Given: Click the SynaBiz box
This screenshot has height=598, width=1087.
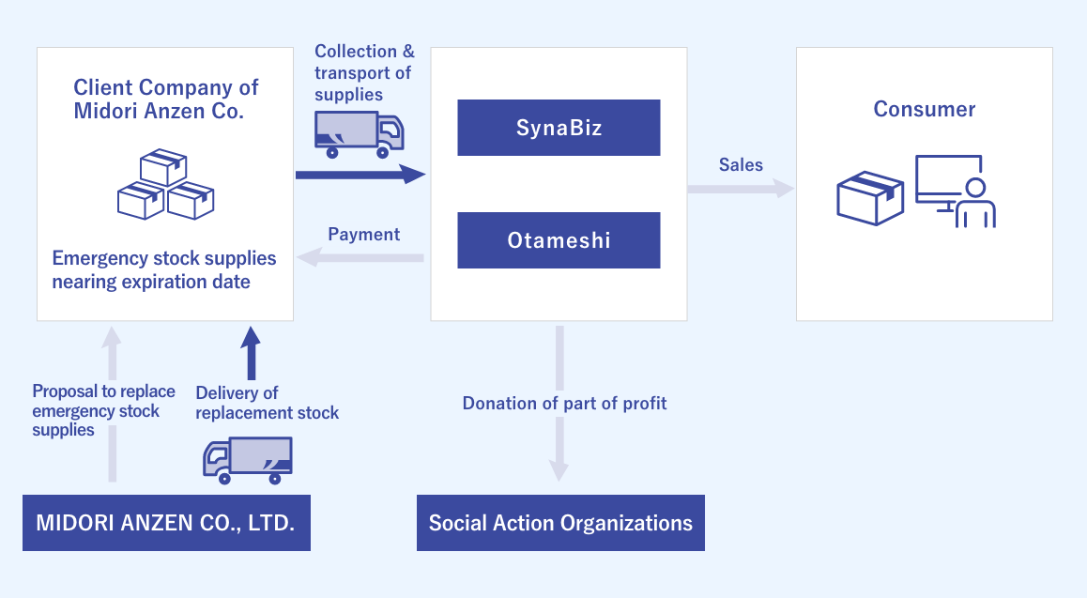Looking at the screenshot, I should pos(559,128).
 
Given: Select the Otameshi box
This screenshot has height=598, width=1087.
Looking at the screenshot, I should pos(559,240).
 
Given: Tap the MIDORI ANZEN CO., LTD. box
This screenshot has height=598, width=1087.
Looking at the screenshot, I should pos(166,522).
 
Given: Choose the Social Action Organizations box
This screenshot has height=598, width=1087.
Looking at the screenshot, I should pos(560,523).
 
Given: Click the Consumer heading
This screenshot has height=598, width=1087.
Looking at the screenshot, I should pos(924,109).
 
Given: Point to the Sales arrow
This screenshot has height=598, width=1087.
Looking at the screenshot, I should pos(741,189).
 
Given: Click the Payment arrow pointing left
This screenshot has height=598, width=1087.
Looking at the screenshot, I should pos(361,257).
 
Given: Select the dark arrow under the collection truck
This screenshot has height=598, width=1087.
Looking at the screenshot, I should pos(360,175).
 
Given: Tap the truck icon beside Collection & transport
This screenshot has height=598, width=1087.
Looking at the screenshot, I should pos(358,134).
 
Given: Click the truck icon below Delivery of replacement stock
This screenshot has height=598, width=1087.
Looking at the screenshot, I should pos(247,460).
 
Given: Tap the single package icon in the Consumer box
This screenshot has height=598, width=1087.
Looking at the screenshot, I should pos(869,198).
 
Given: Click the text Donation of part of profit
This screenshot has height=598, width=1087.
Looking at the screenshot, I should pos(564,403).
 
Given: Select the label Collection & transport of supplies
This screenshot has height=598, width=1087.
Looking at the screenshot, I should pos(363,72).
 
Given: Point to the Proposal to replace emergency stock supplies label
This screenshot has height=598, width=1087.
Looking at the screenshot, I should pos(102,410).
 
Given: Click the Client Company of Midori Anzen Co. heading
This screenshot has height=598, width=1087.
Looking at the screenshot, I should pos(166,99).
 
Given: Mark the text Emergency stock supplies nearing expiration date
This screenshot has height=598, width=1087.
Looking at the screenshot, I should pos(164,269).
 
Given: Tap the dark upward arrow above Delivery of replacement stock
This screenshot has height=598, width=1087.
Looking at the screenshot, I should pos(251,353).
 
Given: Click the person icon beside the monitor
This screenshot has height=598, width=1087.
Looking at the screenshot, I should pos(976,204).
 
